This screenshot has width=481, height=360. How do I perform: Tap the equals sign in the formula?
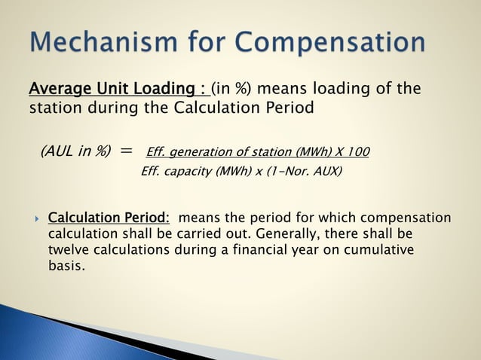pyautogui.click(x=126, y=151)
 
